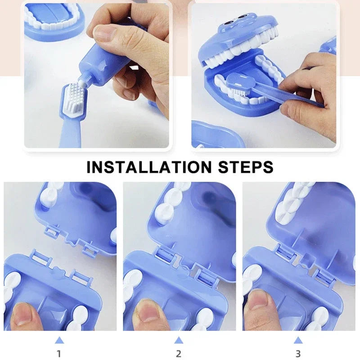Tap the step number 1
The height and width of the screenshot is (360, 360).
(x=59, y=354)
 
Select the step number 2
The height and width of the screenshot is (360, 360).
(x=179, y=354)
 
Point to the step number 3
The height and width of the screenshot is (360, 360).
(x=298, y=354)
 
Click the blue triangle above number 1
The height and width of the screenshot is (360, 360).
(x=59, y=340)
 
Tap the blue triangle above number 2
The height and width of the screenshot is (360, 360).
(x=179, y=340)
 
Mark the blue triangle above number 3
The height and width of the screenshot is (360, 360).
(x=298, y=340)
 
